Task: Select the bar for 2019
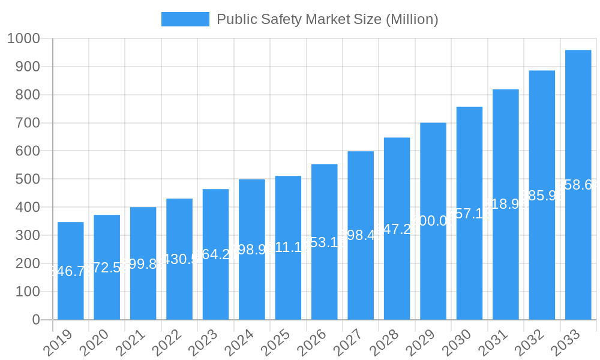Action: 71,271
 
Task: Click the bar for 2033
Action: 578,185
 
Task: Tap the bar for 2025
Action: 288,247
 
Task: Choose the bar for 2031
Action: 506,205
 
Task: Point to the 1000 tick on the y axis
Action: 23,39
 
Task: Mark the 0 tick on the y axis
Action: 37,320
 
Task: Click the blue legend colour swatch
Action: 185,19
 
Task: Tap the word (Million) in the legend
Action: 412,19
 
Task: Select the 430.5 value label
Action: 179,259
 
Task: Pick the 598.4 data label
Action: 361,235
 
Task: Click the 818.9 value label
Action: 506,205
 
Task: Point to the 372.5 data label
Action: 107,268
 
